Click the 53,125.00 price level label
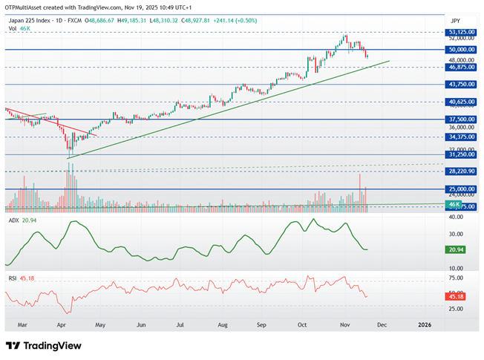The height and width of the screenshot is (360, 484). click(x=462, y=33)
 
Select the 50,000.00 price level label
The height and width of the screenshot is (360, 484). click(x=462, y=50)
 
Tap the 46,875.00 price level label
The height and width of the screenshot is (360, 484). click(x=462, y=67)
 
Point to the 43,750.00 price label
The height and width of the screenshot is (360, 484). click(x=462, y=85)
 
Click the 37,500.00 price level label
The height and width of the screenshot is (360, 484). click(x=462, y=119)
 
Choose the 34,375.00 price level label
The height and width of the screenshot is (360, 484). click(x=462, y=137)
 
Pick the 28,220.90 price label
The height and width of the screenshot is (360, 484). click(x=462, y=171)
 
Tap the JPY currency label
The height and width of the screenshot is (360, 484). click(x=456, y=21)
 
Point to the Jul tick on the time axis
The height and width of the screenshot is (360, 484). click(x=180, y=324)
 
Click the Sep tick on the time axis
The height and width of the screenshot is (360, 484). click(x=261, y=324)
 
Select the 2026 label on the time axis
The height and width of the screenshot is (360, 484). click(x=424, y=324)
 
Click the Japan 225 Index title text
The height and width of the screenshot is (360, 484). click(x=30, y=21)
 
